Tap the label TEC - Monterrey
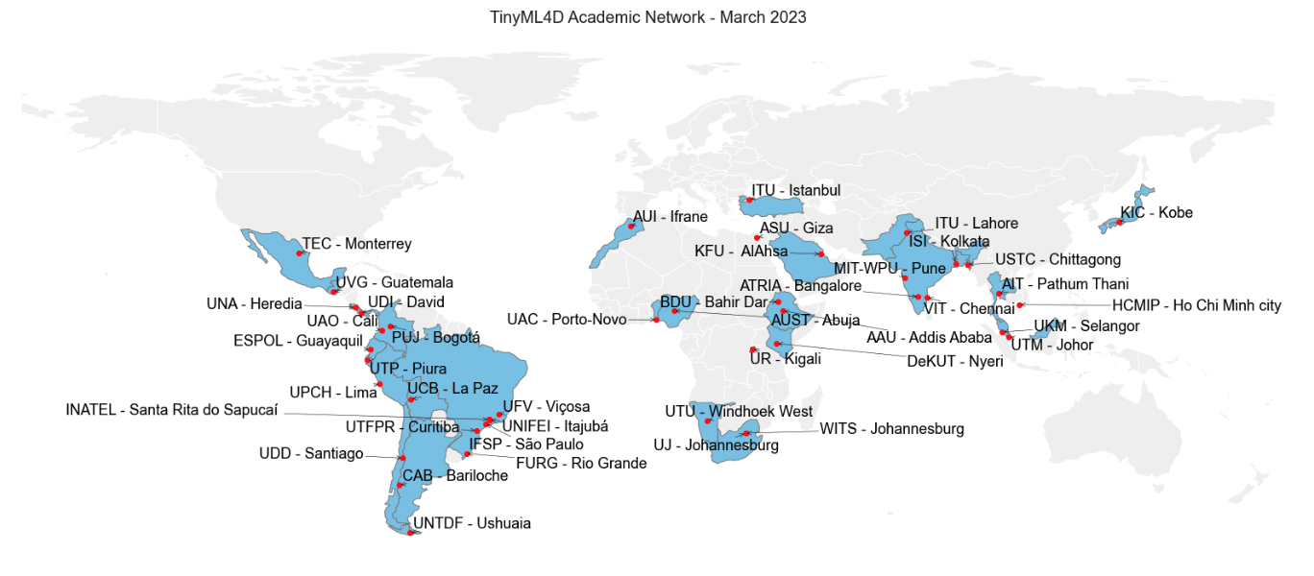pyautogui.click(x=356, y=244)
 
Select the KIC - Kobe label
pyautogui.click(x=1156, y=212)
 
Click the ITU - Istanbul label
pyautogui.click(x=795, y=190)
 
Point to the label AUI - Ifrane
pyautogui.click(x=669, y=217)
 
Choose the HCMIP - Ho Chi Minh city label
pyautogui.click(x=1196, y=306)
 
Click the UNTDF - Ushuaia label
pyautogui.click(x=471, y=523)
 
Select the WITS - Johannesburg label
pyautogui.click(x=891, y=429)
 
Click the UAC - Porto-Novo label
pyautogui.click(x=567, y=319)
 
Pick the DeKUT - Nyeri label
pyautogui.click(x=955, y=362)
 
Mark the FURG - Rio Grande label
pyautogui.click(x=581, y=464)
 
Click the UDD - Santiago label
pyautogui.click(x=311, y=453)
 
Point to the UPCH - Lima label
pyautogui.click(x=333, y=392)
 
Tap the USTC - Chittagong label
pyautogui.click(x=1058, y=260)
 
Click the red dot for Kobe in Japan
pyautogui.click(x=1119, y=223)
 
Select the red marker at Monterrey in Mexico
pyautogui.click(x=300, y=253)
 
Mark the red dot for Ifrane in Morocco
pyautogui.click(x=631, y=227)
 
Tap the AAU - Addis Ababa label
pyautogui.click(x=929, y=338)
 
